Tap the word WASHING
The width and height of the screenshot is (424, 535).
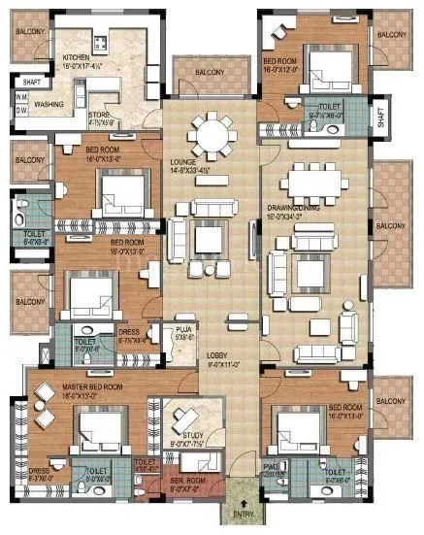click(x=49, y=103)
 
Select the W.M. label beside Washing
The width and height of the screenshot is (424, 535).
click(x=20, y=96)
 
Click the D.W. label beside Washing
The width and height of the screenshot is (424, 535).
click(x=20, y=110)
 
